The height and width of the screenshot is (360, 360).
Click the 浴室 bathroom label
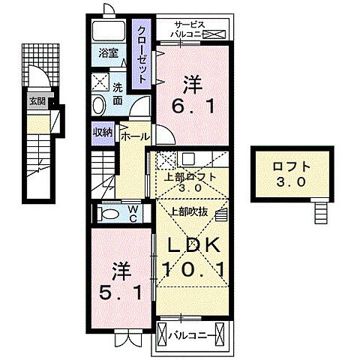109,53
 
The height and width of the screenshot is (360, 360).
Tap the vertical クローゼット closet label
141,54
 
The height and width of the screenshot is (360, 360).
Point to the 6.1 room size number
193,94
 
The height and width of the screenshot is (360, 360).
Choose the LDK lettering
192,245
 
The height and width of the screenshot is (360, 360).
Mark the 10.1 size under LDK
192,268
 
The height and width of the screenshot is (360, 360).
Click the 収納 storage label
103,133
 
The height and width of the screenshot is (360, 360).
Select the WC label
132,214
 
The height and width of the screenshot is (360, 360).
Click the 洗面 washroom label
118,91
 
